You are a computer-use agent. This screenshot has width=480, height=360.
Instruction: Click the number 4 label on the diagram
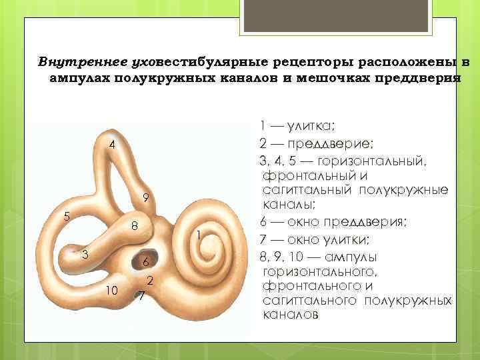tap(113, 145)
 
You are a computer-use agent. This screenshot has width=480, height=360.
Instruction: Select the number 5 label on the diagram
tap(65, 216)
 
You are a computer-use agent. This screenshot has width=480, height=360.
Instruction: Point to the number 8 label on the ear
tap(134, 226)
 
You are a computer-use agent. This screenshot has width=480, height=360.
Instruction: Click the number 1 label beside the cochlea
tap(199, 234)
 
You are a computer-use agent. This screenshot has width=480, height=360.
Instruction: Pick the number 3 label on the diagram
tap(85, 253)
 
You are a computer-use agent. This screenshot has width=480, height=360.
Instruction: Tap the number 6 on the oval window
tap(146, 261)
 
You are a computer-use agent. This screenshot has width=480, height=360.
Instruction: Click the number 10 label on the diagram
tap(112, 289)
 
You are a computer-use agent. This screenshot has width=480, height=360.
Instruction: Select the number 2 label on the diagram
tap(151, 279)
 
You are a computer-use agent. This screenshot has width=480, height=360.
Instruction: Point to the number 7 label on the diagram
tap(140, 295)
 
